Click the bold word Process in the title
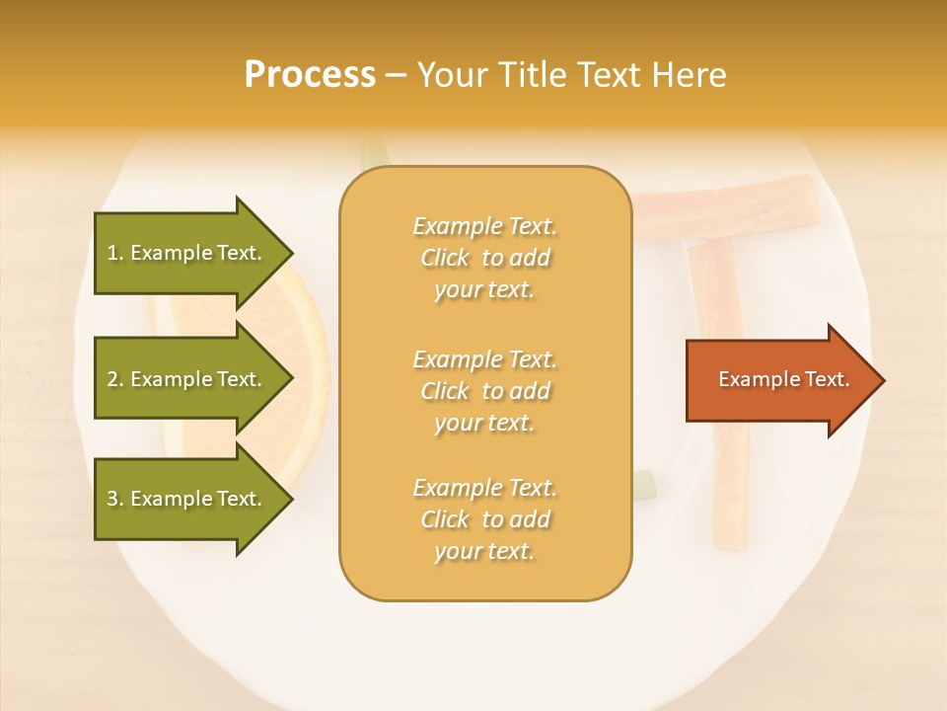pyautogui.click(x=310, y=75)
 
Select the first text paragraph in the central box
pyautogui.click(x=484, y=258)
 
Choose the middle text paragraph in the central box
pyautogui.click(x=484, y=390)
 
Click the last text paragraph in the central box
pyautogui.click(x=484, y=519)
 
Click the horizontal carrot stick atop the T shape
pyautogui.click(x=730, y=202)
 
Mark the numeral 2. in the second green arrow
pyautogui.click(x=115, y=379)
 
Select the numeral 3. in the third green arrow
pyautogui.click(x=115, y=499)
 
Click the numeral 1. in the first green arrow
pyautogui.click(x=115, y=253)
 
